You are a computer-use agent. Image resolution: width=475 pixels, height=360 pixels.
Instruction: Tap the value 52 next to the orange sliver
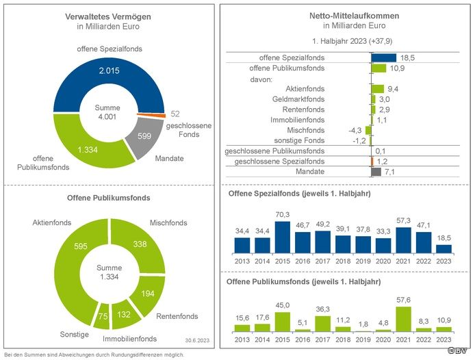(175, 113)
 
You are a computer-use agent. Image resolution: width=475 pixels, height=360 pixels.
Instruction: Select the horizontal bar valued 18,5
(384, 57)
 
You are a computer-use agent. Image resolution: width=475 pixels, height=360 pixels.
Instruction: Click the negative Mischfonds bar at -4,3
(368, 130)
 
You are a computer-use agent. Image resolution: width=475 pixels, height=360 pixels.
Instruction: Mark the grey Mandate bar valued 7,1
(375, 171)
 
